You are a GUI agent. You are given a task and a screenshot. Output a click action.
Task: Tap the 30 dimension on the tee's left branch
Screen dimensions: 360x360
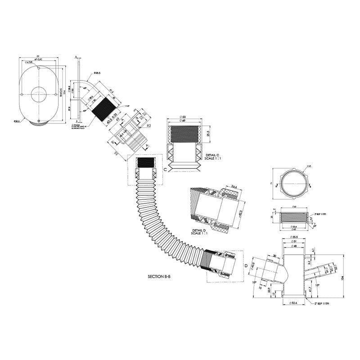pos(274,256)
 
